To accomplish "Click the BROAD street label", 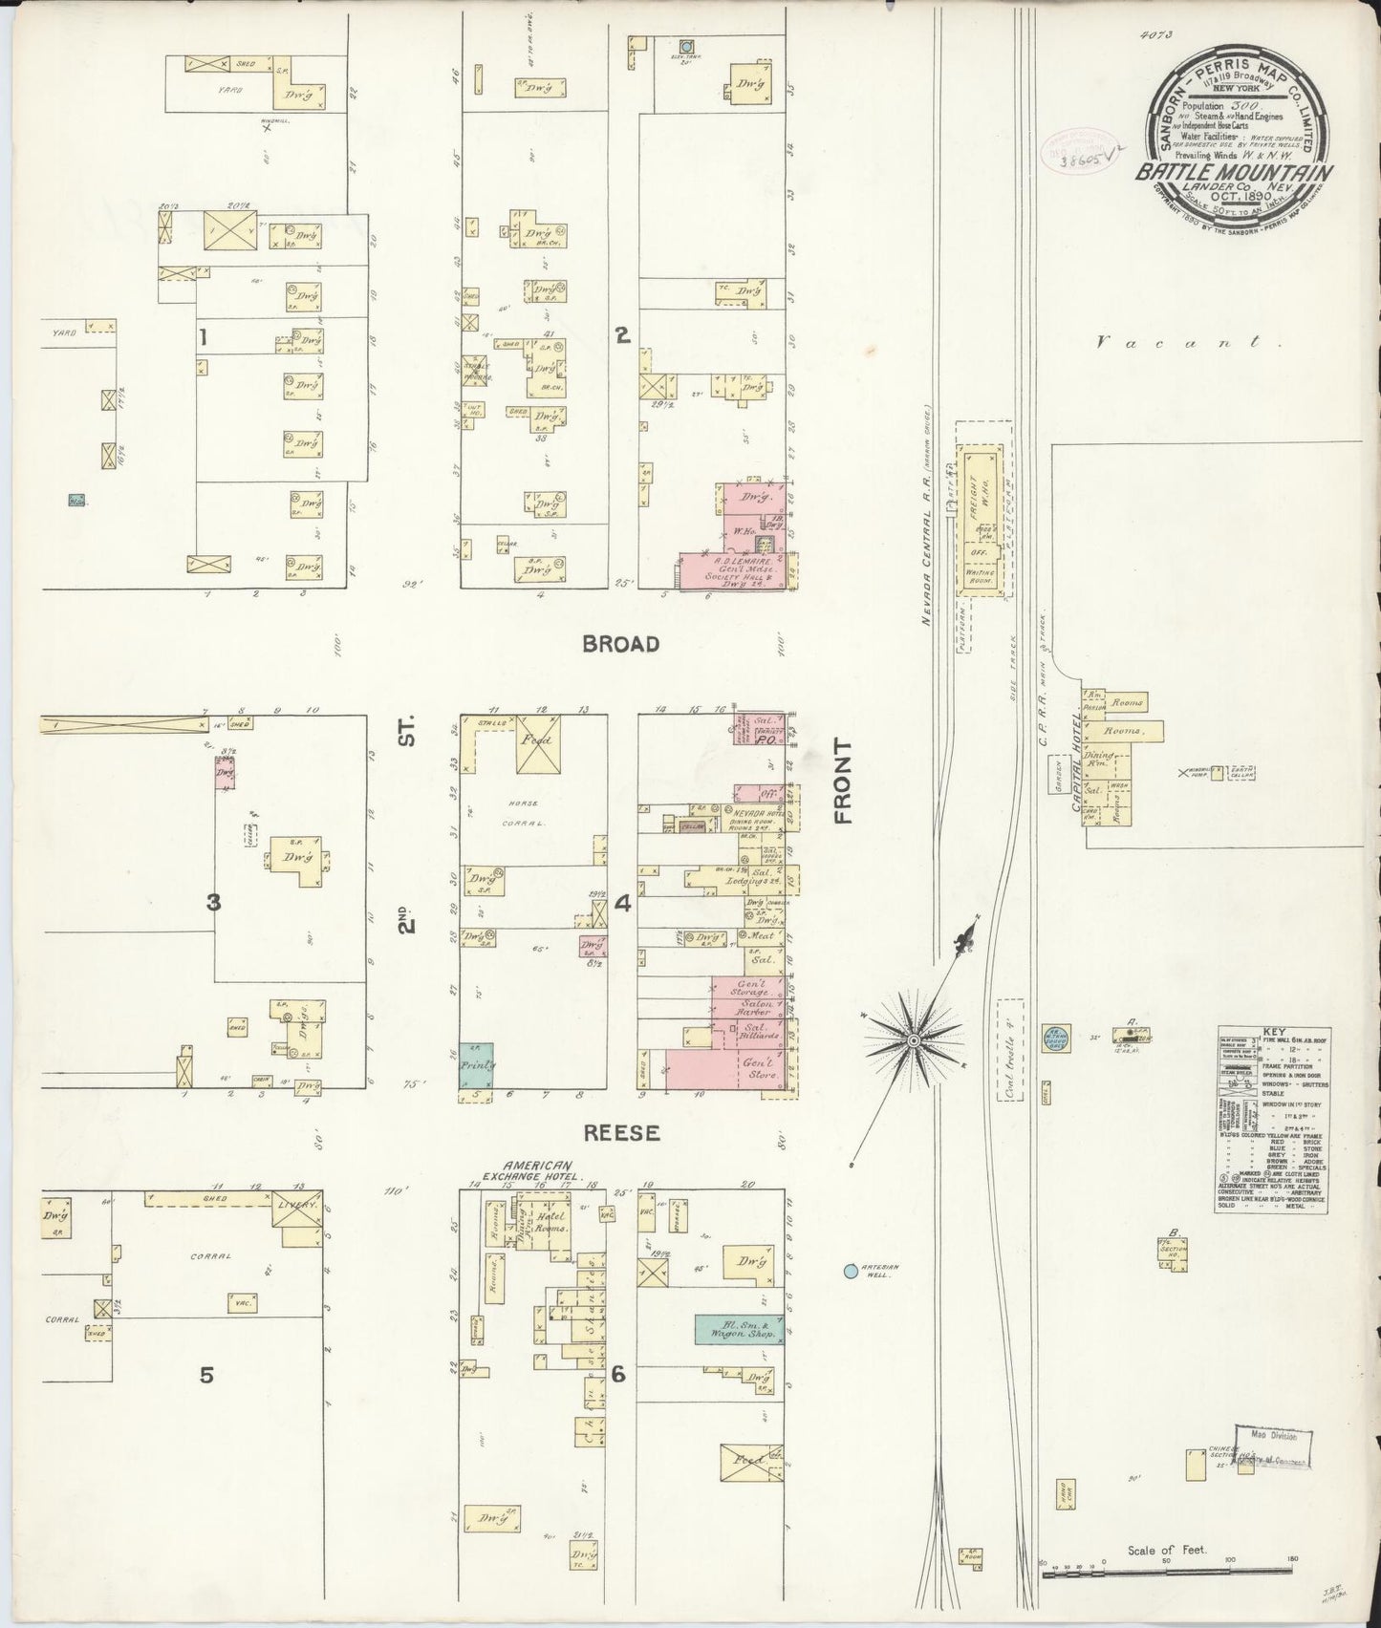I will (x=621, y=644).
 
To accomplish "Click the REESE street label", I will (x=623, y=1132).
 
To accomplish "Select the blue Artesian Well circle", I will (x=850, y=1271).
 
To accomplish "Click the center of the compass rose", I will (x=915, y=1039).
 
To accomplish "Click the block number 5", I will (x=206, y=1375).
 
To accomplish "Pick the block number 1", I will (x=203, y=335).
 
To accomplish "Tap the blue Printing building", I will (x=476, y=1064).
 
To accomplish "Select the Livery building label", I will (x=297, y=1206).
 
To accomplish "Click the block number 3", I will (x=214, y=901).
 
